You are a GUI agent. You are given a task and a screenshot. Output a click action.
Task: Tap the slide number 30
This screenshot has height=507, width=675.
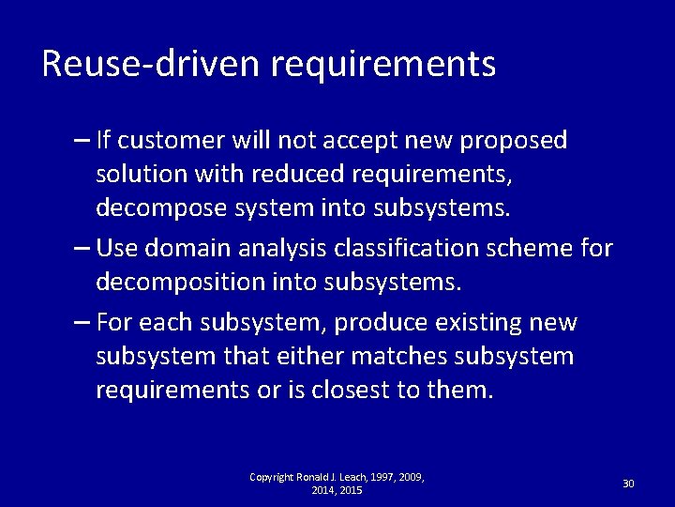pos(628,484)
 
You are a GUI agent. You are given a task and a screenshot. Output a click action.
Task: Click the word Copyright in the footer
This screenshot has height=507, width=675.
pos(269,478)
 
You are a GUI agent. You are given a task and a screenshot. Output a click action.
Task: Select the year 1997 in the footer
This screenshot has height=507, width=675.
pos(373,478)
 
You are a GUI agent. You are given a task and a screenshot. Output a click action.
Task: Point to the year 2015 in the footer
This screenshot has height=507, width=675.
pos(351,490)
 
